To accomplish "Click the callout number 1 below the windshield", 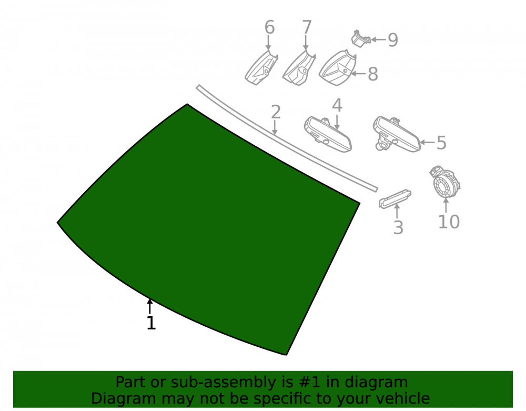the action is pos(151,323).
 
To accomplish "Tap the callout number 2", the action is pos(276,112).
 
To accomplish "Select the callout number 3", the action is pos(398,227).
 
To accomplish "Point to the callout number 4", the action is pos(337,105).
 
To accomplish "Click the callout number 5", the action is pos(441,143).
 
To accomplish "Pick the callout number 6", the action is pos(269,27).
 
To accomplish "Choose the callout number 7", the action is pos(307,27).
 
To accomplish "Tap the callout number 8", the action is pos(373,74).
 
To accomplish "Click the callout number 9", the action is pos(393,40).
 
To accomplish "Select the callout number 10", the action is pos(449,222).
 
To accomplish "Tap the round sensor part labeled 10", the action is pos(445,182).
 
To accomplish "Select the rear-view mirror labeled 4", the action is pos(328,135).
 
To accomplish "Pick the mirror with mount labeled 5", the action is pos(397,134).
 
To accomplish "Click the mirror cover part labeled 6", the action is pos(261,68).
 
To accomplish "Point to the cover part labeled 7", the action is pos(299,68).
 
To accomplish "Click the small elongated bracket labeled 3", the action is pos(395,199).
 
